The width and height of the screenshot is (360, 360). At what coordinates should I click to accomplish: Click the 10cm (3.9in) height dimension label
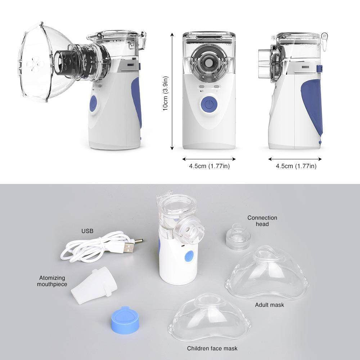(x=166, y=93)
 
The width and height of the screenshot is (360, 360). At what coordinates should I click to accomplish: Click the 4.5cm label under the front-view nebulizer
(x=209, y=166)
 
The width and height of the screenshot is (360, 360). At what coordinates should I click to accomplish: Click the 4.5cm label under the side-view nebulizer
(x=296, y=166)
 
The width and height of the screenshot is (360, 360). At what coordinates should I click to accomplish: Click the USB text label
(x=87, y=231)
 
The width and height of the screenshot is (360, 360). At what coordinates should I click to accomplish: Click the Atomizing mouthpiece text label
(x=53, y=281)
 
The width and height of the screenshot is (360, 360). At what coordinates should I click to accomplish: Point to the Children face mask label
(x=212, y=348)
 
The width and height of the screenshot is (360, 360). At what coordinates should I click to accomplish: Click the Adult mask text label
(x=269, y=305)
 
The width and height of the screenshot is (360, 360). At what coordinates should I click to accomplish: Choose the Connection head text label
(x=262, y=221)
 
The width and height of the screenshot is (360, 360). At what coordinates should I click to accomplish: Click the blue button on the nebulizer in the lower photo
(x=189, y=256)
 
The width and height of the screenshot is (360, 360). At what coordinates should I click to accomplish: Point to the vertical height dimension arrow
(x=172, y=90)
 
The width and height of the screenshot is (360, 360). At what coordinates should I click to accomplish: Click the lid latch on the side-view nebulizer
(x=324, y=37)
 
